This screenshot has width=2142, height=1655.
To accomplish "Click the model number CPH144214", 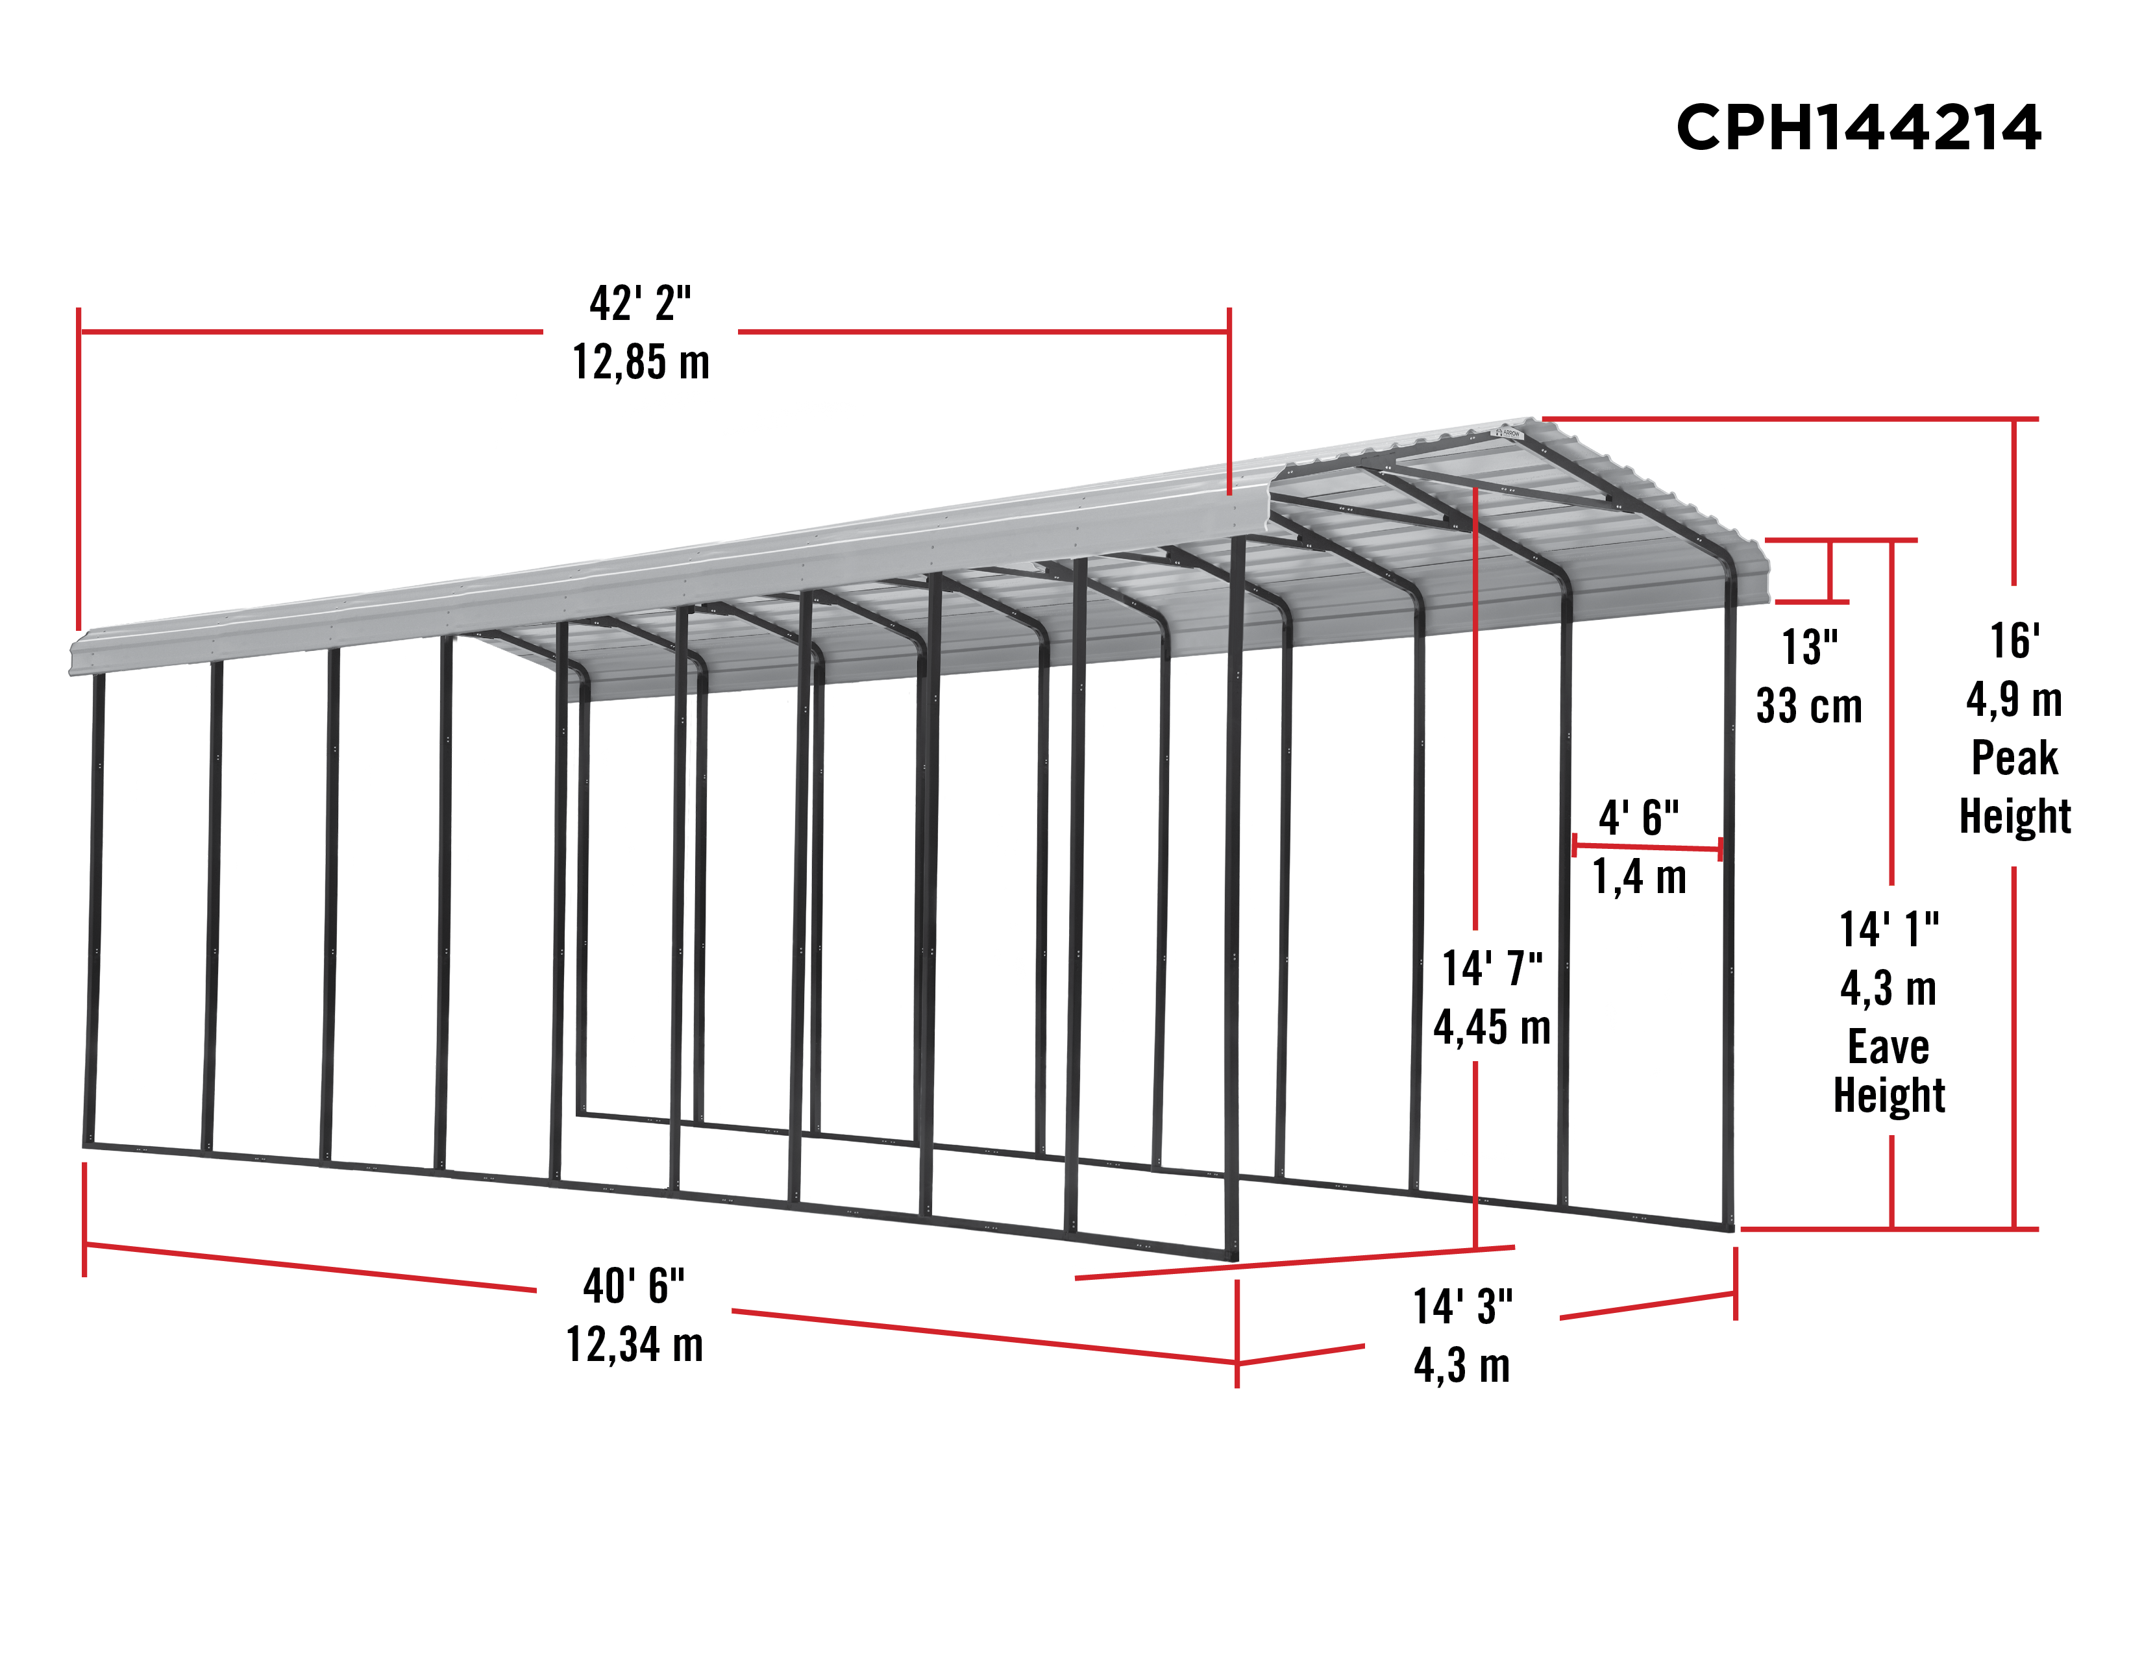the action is click(x=1858, y=127).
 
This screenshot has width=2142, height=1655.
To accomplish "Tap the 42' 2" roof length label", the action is click(x=641, y=303).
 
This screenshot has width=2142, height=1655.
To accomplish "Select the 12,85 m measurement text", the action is click(x=641, y=362).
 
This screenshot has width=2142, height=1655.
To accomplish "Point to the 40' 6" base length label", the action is click(x=634, y=1285).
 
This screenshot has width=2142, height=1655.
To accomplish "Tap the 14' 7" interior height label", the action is click(x=1492, y=969).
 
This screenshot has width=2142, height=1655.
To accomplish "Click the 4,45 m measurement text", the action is click(x=1492, y=1027).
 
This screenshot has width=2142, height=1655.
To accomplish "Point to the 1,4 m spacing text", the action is click(x=1639, y=877).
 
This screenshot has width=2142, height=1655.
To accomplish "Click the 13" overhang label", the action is click(x=1810, y=647).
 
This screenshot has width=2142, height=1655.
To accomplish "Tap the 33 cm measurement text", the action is click(x=1810, y=706).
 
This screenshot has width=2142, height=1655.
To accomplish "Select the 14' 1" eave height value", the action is click(x=1889, y=929).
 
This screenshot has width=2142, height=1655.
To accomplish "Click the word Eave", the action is click(x=1889, y=1046).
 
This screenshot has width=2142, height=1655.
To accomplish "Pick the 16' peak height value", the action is click(x=2015, y=641).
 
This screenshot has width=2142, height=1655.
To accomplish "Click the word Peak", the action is click(x=2015, y=758).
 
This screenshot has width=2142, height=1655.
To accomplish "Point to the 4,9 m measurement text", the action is click(x=2015, y=700).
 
